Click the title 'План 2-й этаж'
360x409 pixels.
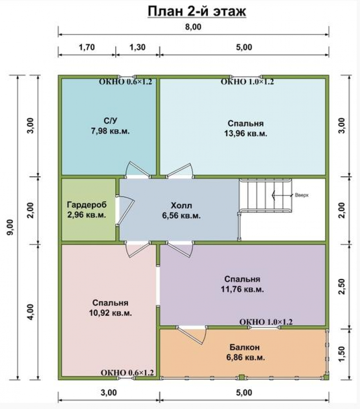197,12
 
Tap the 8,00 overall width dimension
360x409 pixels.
193,27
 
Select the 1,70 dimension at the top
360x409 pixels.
87,47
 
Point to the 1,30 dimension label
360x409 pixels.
137,47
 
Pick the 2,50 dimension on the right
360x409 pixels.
342,286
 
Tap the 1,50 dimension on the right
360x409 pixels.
342,354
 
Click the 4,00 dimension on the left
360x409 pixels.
31,312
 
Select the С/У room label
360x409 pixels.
110,121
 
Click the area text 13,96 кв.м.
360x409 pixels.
246,134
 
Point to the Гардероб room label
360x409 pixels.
87,205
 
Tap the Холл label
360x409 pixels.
181,206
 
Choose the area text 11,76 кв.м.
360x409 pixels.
242,289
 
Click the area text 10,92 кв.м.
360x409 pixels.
110,313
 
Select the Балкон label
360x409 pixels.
245,347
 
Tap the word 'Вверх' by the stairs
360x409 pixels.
301,195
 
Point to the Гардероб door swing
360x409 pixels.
125,210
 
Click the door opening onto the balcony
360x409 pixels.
192,335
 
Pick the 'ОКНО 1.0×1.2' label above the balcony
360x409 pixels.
266,322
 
